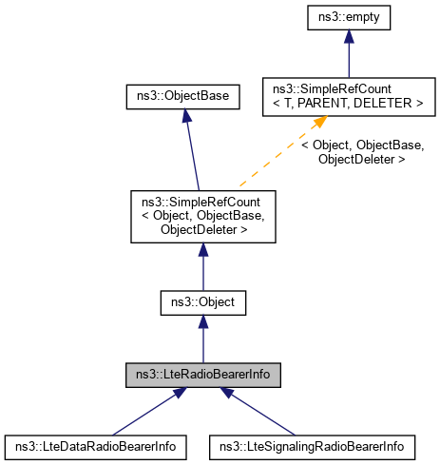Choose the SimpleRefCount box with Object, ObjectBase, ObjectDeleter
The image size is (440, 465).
(202, 215)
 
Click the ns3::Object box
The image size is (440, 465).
(202, 303)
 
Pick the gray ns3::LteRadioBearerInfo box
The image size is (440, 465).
(202, 375)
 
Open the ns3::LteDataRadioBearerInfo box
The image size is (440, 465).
(95, 445)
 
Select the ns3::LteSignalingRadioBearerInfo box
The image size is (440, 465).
(312, 445)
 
